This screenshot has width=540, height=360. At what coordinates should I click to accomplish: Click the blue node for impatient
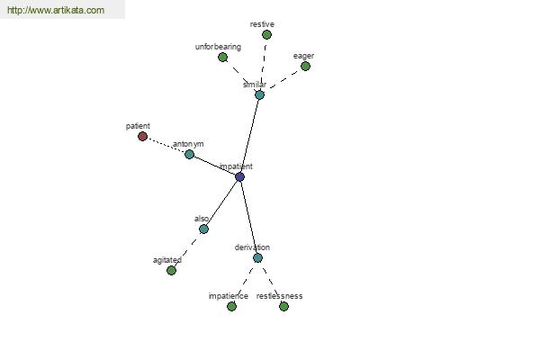pyautogui.click(x=239, y=176)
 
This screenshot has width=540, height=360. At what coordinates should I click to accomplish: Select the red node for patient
pyautogui.click(x=142, y=137)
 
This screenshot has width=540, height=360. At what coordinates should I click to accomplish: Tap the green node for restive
pyautogui.click(x=266, y=34)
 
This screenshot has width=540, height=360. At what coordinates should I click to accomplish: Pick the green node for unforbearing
pyautogui.click(x=223, y=58)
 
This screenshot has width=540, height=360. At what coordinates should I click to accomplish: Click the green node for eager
pyautogui.click(x=305, y=66)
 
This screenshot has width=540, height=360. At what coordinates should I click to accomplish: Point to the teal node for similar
pyautogui.click(x=260, y=94)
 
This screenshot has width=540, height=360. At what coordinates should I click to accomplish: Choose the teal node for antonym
pyautogui.click(x=189, y=154)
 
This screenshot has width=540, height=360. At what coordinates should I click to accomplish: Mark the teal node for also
pyautogui.click(x=204, y=229)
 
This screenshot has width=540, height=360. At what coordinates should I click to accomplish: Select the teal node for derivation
pyautogui.click(x=257, y=257)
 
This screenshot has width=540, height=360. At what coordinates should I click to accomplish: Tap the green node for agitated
pyautogui.click(x=171, y=270)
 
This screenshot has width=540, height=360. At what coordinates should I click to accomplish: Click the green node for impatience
pyautogui.click(x=232, y=306)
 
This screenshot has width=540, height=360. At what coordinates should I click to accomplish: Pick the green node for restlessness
pyautogui.click(x=283, y=306)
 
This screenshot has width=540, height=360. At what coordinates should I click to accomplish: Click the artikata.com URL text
pyautogui.click(x=56, y=10)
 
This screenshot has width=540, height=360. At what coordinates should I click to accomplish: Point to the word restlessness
pyautogui.click(x=279, y=296)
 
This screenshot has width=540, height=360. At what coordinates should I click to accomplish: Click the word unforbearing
pyautogui.click(x=218, y=47)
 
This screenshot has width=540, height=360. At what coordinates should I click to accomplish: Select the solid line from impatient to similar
pyautogui.click(x=249, y=136)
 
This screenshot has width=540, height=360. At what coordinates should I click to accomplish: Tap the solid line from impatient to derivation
pyautogui.click(x=248, y=217)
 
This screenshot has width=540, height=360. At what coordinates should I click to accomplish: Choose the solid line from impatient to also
pyautogui.click(x=221, y=202)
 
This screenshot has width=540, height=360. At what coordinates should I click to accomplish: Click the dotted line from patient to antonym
pyautogui.click(x=166, y=146)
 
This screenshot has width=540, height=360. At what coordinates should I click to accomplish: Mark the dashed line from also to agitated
pyautogui.click(x=187, y=250)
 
